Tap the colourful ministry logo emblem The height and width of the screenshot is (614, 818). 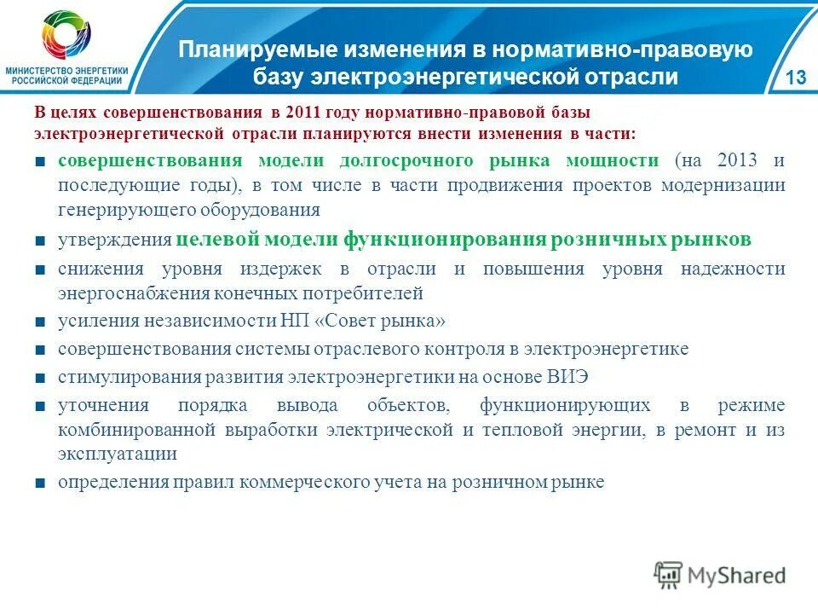(x=66, y=36)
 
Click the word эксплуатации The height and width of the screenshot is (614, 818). (x=118, y=454)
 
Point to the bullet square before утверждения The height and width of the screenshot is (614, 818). (x=41, y=240)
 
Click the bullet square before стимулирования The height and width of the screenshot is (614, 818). (x=41, y=377)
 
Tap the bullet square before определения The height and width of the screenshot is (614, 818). (x=41, y=483)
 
